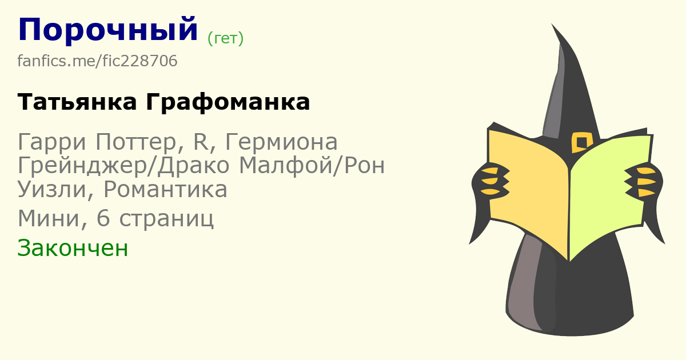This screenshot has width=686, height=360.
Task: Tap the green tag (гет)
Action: point(225,39)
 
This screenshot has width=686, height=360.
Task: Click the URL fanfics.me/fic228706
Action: point(97,61)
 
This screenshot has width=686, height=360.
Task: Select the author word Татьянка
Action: point(77,102)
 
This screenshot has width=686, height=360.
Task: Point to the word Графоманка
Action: point(228,102)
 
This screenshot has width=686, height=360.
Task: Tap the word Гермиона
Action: point(281,142)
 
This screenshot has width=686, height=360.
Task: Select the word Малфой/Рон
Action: point(312,166)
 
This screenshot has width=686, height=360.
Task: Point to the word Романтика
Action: point(165,190)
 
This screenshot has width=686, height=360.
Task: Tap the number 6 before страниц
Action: point(103,218)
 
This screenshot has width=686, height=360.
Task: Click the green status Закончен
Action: point(73,248)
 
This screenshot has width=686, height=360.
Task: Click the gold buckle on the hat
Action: point(582,143)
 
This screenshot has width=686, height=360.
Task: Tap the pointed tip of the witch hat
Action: point(552,24)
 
